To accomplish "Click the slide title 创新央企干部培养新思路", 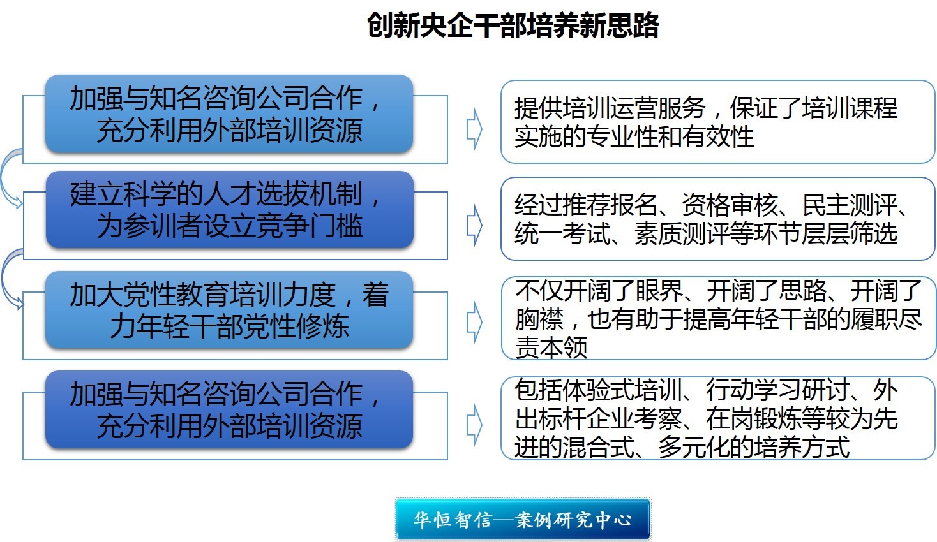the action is pyautogui.click(x=513, y=26).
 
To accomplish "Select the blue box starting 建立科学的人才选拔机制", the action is pyautogui.click(x=230, y=210).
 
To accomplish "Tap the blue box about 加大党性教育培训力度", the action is pyautogui.click(x=229, y=310).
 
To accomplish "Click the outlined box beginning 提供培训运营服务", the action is pyautogui.click(x=718, y=122).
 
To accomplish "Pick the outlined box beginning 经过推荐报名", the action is pyautogui.click(x=718, y=219).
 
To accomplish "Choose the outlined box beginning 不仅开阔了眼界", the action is pyautogui.click(x=718, y=318).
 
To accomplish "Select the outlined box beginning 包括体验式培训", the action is pyautogui.click(x=718, y=418).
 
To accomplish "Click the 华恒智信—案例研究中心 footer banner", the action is pyautogui.click(x=523, y=519).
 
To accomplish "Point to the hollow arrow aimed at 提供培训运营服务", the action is pyautogui.click(x=474, y=129).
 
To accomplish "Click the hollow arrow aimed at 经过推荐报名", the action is pyautogui.click(x=474, y=225).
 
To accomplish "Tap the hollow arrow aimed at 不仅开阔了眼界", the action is pyautogui.click(x=474, y=322).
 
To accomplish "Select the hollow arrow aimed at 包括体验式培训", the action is pyautogui.click(x=474, y=425).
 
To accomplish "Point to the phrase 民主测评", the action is pyautogui.click(x=850, y=205).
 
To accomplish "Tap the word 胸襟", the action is pyautogui.click(x=539, y=319).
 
